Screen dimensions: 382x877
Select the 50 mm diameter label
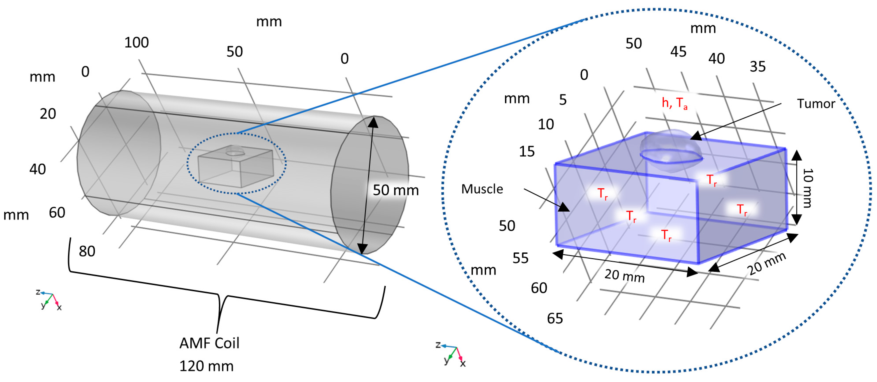coord(395,190)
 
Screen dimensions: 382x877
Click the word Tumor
coord(816,104)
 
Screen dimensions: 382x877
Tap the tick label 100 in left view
coord(137,43)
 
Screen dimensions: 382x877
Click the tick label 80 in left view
coord(87,251)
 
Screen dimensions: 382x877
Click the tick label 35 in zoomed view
coord(758,66)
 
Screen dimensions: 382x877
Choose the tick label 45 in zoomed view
coord(678,52)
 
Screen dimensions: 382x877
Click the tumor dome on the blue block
coord(670,146)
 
